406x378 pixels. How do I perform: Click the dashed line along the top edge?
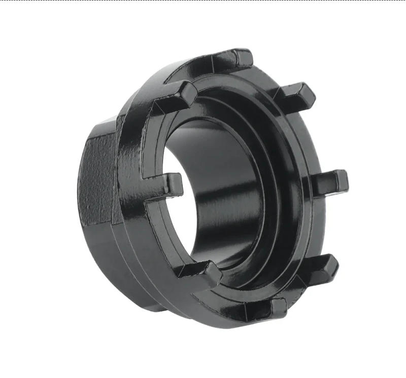pos(203,1)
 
